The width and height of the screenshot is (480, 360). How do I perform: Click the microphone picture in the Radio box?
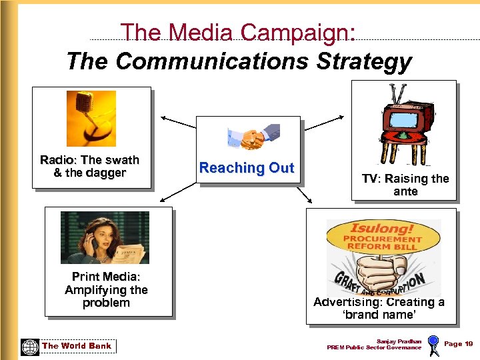point(91,118)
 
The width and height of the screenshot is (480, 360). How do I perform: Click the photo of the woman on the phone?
point(105,238)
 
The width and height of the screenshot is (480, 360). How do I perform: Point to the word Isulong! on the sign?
point(383,229)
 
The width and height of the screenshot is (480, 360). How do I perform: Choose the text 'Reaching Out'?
point(247,168)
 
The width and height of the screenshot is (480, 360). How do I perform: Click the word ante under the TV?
point(405,191)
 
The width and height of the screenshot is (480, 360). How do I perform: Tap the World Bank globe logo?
point(30,346)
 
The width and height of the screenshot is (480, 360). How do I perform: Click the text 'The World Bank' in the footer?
point(77,346)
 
